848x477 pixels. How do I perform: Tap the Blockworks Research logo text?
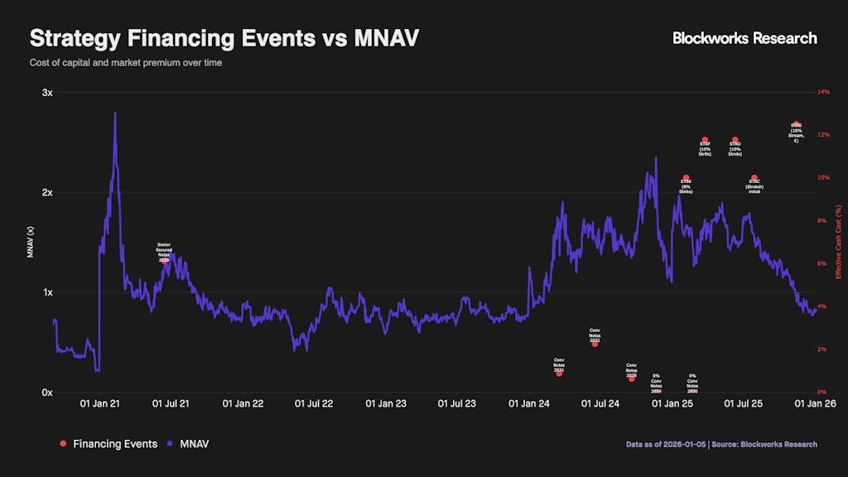744,38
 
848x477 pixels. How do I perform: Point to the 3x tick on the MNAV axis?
47,93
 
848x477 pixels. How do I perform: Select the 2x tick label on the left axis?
47,193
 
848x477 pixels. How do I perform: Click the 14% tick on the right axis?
823,92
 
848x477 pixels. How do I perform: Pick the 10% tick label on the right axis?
823,178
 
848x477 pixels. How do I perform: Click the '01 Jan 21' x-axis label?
100,404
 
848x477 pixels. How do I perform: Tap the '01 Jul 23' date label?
456,404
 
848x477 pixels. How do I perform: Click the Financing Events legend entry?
108,444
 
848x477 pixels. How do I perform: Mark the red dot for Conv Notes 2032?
595,344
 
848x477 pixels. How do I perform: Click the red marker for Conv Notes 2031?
559,373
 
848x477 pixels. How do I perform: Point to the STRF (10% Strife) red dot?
705,140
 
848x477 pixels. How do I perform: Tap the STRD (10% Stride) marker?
735,140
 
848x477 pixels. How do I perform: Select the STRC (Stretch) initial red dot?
754,178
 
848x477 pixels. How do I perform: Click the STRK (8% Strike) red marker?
686,178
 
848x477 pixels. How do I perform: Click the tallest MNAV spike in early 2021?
114,113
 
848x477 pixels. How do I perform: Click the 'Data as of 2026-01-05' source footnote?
721,445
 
